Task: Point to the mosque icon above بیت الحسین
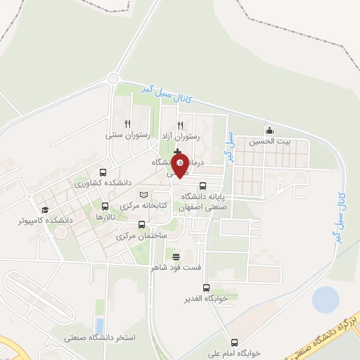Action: click(269, 130)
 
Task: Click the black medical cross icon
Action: click(177, 152)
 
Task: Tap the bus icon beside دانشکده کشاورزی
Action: click(103, 172)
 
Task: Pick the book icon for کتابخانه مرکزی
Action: click(144, 195)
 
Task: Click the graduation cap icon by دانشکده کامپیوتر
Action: click(45, 210)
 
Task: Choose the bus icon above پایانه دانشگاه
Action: click(203, 186)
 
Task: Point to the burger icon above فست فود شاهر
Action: click(176, 256)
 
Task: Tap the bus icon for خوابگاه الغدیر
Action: click(207, 288)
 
